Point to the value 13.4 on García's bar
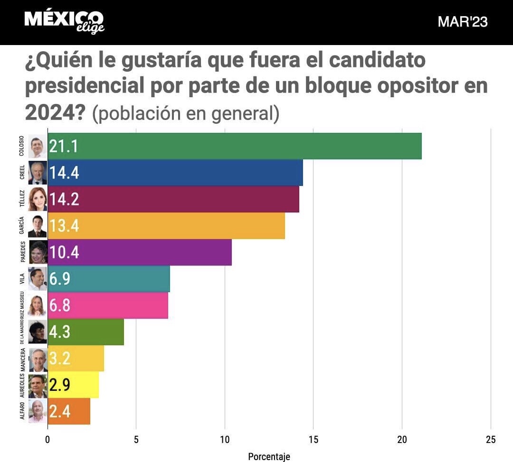point(64,226)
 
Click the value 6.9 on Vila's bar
point(60,279)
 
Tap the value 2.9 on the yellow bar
point(60,385)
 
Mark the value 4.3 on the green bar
point(60,332)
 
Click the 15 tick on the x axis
point(313,440)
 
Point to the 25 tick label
point(490,440)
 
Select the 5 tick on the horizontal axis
point(136,440)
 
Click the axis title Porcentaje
point(269,456)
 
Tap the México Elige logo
point(64,21)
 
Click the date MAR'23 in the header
point(462,22)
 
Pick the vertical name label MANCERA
point(22,360)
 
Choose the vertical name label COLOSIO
point(22,147)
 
